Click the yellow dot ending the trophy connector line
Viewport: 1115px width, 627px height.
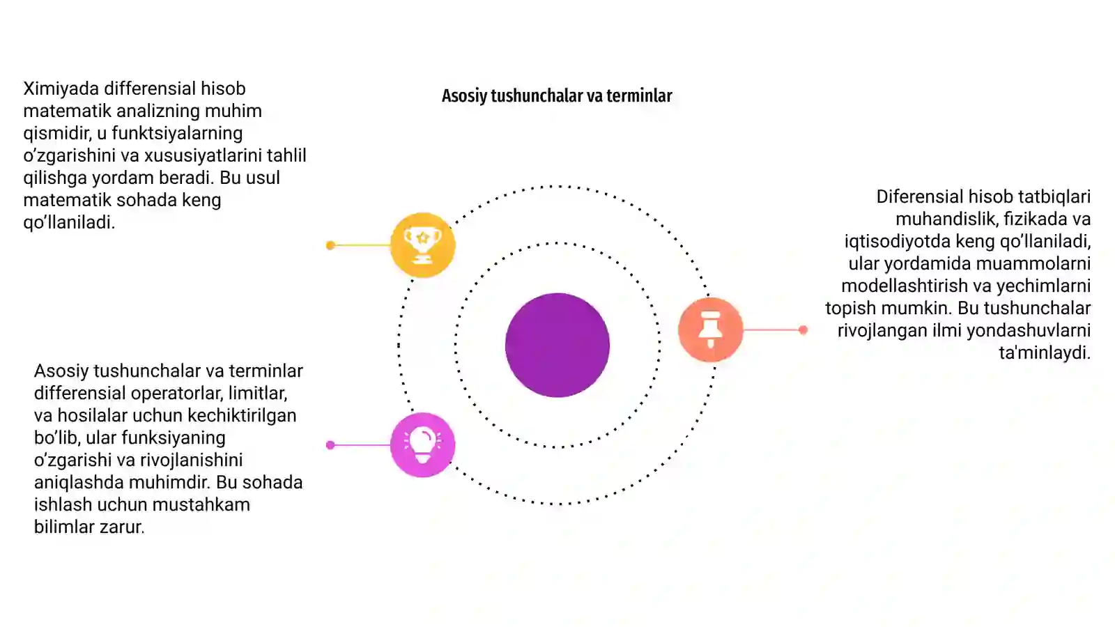tap(330, 245)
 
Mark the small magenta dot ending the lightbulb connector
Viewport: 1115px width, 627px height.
tap(330, 445)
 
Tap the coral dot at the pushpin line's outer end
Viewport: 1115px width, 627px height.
tap(803, 330)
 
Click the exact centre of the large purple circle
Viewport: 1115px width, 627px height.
tap(557, 345)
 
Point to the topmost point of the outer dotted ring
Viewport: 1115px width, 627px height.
tap(557, 186)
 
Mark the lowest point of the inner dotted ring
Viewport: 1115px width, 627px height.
tap(557, 447)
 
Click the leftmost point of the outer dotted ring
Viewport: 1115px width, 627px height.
tap(399, 345)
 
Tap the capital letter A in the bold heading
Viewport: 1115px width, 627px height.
tap(447, 95)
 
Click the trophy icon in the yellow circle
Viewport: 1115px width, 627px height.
tap(422, 245)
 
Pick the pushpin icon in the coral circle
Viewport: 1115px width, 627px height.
tap(710, 329)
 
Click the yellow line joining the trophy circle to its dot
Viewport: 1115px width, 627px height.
tap(360, 245)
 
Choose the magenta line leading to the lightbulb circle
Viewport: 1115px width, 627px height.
tap(360, 445)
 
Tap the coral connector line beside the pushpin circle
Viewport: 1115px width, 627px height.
tap(773, 330)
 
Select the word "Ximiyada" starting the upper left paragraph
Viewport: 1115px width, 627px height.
tap(61, 88)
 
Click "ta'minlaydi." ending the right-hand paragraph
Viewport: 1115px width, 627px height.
tap(1045, 353)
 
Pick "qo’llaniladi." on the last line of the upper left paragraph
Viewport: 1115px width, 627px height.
tap(69, 222)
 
